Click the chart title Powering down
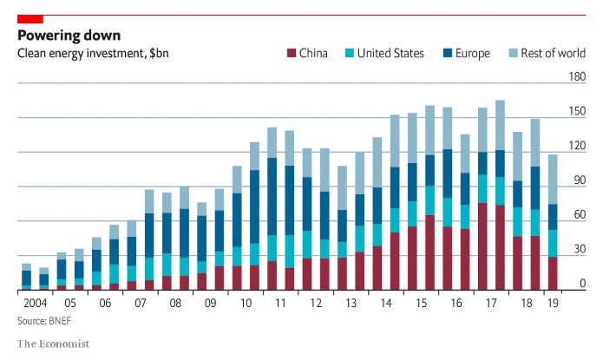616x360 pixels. click(69, 36)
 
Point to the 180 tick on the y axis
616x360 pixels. click(576, 77)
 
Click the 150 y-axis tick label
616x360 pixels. click(576, 112)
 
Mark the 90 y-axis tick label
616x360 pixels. click(578, 180)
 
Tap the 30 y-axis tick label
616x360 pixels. click(578, 250)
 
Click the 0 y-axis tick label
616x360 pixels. click(581, 285)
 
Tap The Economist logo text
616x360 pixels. click(53, 344)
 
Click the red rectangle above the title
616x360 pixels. click(30, 18)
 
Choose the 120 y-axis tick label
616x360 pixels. click(576, 146)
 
